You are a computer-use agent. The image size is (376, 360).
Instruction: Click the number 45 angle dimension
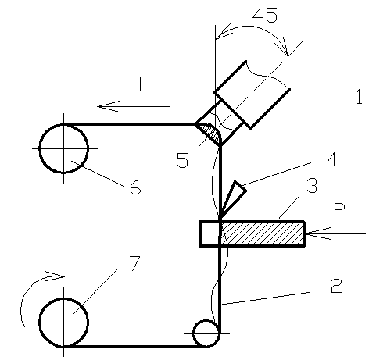pos(265,16)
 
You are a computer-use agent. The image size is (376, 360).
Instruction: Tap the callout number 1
pos(360,97)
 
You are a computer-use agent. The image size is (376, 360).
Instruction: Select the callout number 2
pos(336,286)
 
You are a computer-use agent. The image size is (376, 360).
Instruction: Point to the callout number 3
pos(312,185)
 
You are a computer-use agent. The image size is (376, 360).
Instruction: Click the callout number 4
pos(331,159)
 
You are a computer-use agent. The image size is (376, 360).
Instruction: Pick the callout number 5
pos(182,160)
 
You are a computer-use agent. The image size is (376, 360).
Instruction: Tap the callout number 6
pos(135,187)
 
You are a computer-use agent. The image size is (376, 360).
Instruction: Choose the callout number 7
pos(134,263)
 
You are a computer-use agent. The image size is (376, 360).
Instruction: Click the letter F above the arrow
pos(144,84)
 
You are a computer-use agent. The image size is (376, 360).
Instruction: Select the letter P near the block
pos(339,210)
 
